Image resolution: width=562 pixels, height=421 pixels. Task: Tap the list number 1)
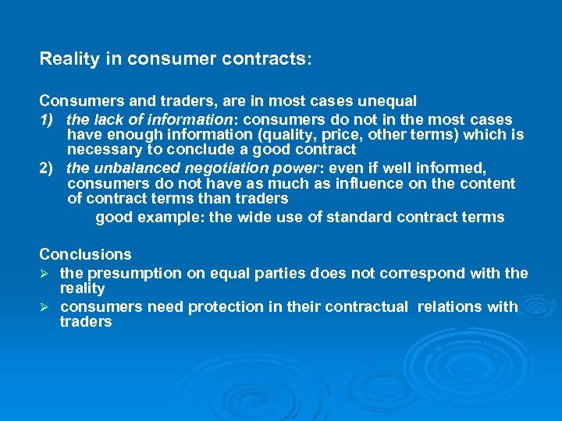[x=48, y=120]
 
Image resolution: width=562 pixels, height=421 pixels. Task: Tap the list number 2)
[x=48, y=168]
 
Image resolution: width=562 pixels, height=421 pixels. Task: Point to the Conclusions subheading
[x=86, y=255]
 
